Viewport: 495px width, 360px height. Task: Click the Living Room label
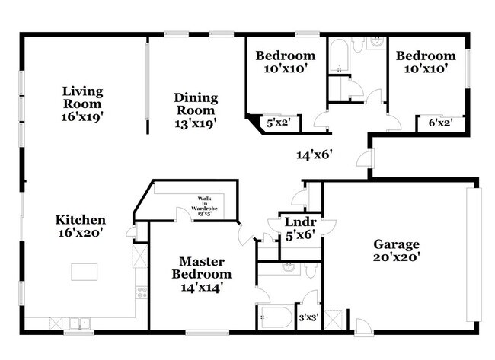click(x=83, y=104)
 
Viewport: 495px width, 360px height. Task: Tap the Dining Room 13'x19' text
click(x=196, y=110)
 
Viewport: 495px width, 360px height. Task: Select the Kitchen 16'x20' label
click(x=80, y=227)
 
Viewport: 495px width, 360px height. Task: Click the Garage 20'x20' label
click(x=396, y=250)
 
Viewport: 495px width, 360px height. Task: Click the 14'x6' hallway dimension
click(x=314, y=155)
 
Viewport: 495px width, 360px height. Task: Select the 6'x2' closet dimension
click(x=439, y=122)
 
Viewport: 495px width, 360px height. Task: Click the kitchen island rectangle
click(x=86, y=271)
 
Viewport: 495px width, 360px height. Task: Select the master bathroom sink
click(x=289, y=267)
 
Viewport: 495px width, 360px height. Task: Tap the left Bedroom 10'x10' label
click(x=285, y=62)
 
